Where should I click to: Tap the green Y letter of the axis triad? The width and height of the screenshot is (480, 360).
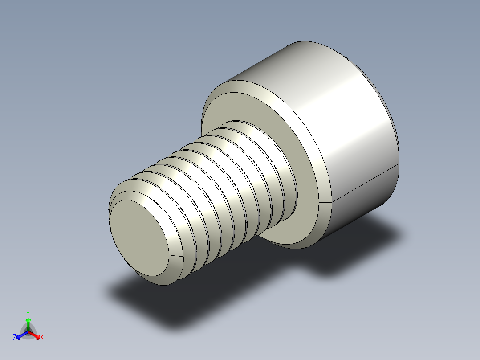[x=28, y=313]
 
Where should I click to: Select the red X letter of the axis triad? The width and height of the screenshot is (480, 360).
[x=42, y=338]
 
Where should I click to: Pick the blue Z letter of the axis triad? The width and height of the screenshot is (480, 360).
[x=15, y=338]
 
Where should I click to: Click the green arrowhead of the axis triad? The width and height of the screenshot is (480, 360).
[x=28, y=320]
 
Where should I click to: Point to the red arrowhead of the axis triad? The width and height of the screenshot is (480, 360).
[x=37, y=335]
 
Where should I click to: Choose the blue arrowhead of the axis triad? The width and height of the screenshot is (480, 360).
[x=19, y=336]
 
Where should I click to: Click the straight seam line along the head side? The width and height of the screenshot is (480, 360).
[x=365, y=185]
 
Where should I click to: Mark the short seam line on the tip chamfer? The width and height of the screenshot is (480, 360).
[x=177, y=256]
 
